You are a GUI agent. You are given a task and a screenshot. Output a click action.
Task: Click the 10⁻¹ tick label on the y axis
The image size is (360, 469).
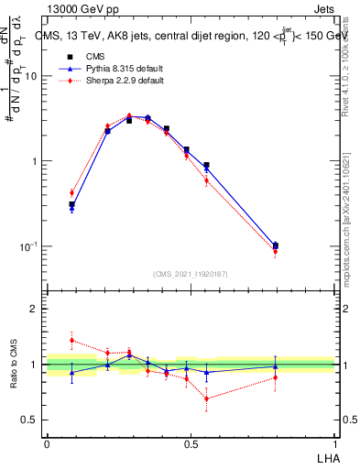pyautogui.click(x=27, y=246)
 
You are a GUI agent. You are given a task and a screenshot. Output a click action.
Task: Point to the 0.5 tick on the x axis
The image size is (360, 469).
pyautogui.click(x=191, y=442)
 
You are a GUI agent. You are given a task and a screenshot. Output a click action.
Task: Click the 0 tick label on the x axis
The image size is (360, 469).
pyautogui.click(x=47, y=442)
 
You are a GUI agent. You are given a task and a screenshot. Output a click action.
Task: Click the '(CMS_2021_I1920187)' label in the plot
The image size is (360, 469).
pyautogui.click(x=191, y=274)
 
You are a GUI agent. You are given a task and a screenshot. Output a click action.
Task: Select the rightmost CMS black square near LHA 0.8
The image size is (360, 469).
pyautogui.click(x=276, y=245)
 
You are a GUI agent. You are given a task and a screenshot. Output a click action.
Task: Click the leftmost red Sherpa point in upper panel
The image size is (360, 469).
pyautogui.click(x=71, y=192)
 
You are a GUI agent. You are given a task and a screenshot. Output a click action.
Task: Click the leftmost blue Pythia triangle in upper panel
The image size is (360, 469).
pyautogui.click(x=71, y=208)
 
